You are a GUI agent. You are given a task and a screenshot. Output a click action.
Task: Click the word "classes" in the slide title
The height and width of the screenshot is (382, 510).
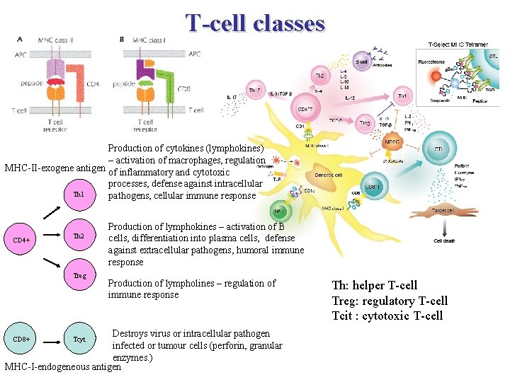(x=283, y=23)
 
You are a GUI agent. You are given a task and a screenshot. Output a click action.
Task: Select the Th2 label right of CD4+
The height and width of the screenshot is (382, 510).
(x=79, y=236)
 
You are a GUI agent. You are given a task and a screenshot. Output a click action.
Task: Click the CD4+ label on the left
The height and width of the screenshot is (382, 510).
(x=22, y=240)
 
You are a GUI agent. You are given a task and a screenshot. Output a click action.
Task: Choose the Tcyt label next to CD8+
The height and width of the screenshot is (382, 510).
(x=79, y=340)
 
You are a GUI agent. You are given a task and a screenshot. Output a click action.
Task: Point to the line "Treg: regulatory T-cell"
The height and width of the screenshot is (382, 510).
(x=390, y=301)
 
